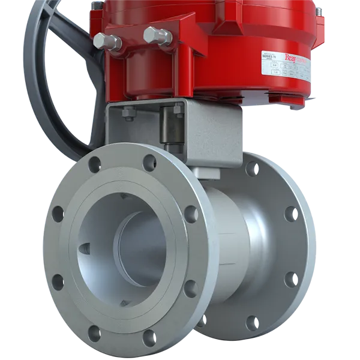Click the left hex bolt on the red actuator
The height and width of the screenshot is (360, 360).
tap(108, 41)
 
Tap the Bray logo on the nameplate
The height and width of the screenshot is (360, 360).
tap(293, 58)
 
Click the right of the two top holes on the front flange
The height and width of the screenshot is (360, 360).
tap(149, 163)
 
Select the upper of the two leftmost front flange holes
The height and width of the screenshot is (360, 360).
tap(58, 214)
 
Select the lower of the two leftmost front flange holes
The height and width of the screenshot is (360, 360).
tap(58, 281)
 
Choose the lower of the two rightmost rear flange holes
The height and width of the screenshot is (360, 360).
tap(292, 280)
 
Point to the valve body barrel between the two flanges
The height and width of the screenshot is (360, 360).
tap(231, 246)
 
